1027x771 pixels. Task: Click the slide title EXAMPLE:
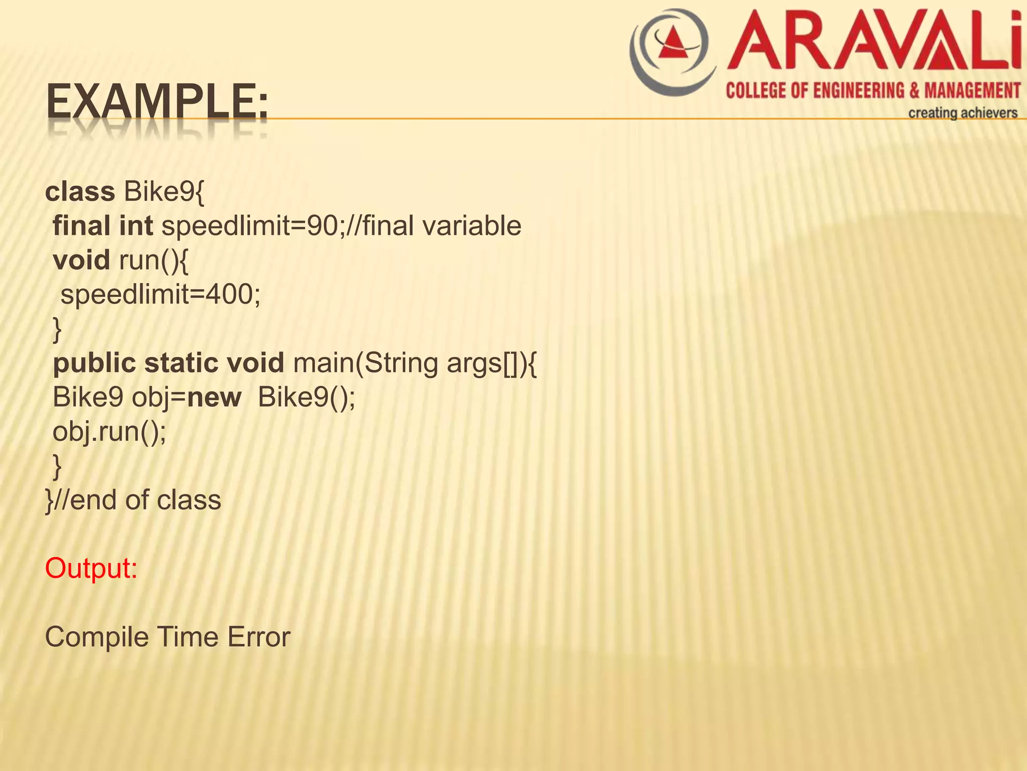click(157, 103)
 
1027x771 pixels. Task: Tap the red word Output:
click(91, 569)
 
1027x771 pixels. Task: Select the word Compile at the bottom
click(96, 637)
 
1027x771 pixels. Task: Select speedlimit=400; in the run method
click(160, 294)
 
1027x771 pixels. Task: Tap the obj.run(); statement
click(109, 432)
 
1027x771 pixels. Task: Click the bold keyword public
click(94, 363)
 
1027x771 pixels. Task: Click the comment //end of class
click(136, 500)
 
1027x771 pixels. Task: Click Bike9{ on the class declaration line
click(164, 192)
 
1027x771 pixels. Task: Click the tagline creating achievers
click(962, 113)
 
